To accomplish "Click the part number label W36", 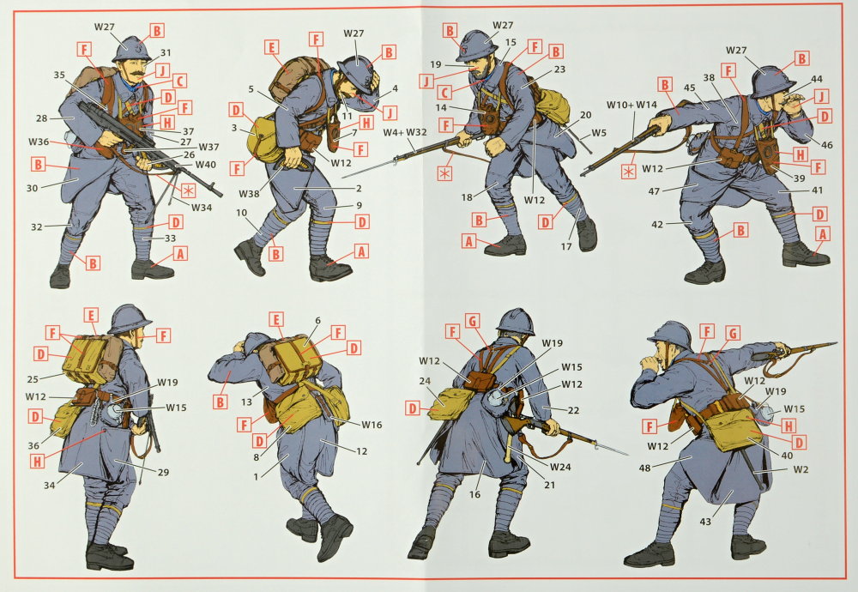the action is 39,142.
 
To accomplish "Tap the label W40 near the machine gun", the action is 206,164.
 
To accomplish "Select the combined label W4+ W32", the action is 404,132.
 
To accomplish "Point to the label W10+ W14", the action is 631,105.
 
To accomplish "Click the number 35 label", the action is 59,75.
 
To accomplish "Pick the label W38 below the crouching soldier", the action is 249,193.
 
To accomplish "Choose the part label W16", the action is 372,425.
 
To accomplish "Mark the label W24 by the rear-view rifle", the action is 560,467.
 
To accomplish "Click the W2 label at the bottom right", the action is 801,469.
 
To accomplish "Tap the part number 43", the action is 705,522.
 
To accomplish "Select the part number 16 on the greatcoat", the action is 474,494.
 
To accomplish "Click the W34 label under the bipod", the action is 202,208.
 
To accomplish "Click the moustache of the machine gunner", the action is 138,71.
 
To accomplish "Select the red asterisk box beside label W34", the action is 188,191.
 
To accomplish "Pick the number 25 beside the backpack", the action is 33,379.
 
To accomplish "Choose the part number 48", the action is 644,468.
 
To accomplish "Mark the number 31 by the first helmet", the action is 166,53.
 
